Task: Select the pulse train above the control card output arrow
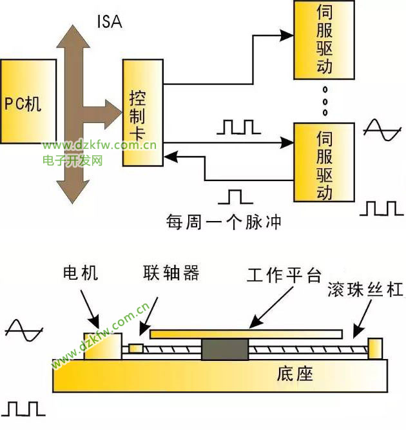[x=238, y=126]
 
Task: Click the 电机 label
[x=81, y=273]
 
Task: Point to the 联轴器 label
[x=171, y=273]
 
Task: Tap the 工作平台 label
[x=284, y=276]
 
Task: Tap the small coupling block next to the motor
[x=136, y=349]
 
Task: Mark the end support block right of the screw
[x=375, y=348]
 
